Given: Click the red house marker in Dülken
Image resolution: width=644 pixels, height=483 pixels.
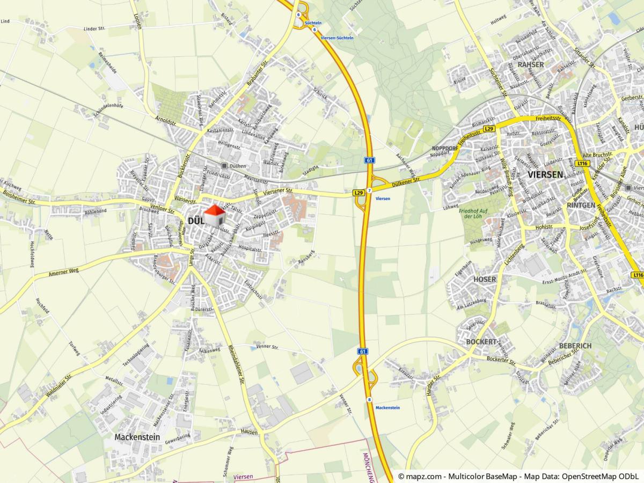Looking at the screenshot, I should pos(215,216).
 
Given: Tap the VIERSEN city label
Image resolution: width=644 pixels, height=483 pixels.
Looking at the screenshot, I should pos(545,174).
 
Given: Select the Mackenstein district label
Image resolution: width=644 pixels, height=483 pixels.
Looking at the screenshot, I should pos(137,437).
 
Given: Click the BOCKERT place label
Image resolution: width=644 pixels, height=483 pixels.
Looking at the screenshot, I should pos(481,342).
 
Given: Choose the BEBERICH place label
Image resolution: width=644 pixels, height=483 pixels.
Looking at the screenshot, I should pos(575,346).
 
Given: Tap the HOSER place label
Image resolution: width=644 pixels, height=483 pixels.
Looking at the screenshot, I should pos(485,280).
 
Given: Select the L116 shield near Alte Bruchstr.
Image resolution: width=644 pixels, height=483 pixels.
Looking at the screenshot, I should pos(582,163).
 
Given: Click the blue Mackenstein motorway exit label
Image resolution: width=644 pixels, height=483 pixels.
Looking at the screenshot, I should pos(387,408).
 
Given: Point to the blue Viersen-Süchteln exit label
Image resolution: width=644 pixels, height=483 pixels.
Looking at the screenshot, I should pos(337,38).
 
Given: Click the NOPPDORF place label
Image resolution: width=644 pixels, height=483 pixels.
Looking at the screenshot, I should pos(445,147).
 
